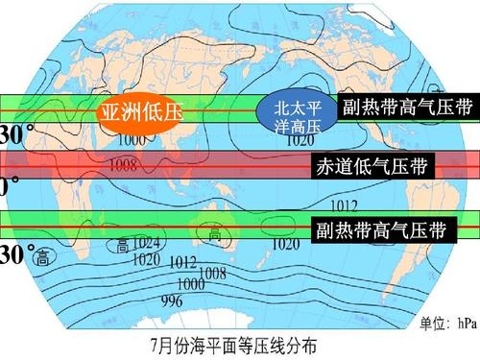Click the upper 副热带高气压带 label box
click(407, 107)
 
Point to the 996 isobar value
click(172, 300)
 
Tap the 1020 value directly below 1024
click(146, 258)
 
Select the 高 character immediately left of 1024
click(123, 246)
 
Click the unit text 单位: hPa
click(446, 323)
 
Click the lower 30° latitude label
click(15, 255)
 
